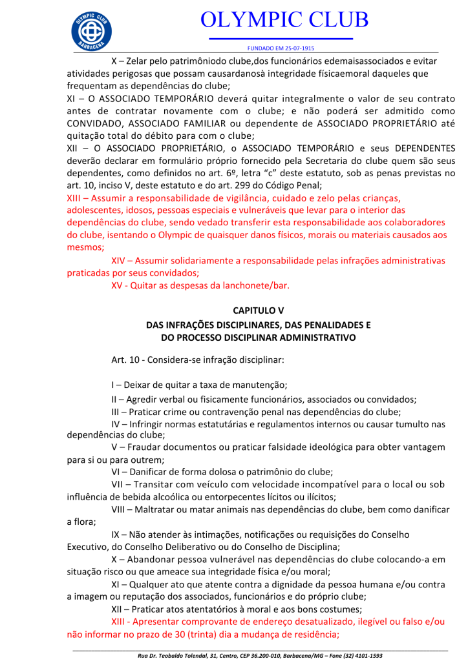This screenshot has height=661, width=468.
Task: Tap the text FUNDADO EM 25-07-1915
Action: (281, 48)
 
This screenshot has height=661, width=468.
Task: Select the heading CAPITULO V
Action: (258, 311)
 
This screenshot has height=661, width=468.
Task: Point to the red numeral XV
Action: (118, 285)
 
